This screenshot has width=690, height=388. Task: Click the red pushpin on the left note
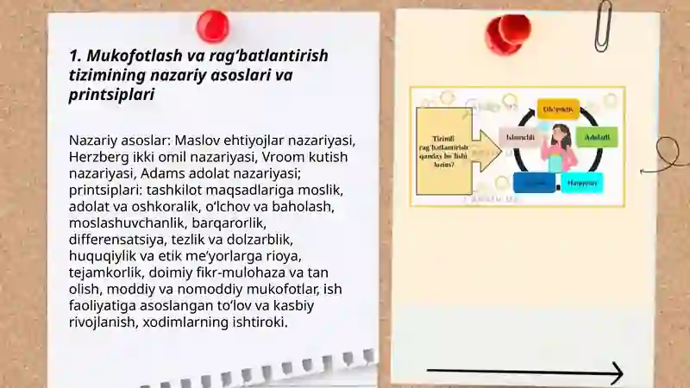coord(212,26)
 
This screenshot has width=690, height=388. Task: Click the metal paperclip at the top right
coord(602,24)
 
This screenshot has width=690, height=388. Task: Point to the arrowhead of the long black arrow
coord(616,373)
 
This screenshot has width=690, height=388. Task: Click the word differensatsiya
coord(121,239)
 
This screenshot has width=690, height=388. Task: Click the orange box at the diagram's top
coord(558,110)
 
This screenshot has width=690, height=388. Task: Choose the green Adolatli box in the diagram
coord(596,136)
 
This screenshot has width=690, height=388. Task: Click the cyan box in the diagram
coord(581,183)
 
